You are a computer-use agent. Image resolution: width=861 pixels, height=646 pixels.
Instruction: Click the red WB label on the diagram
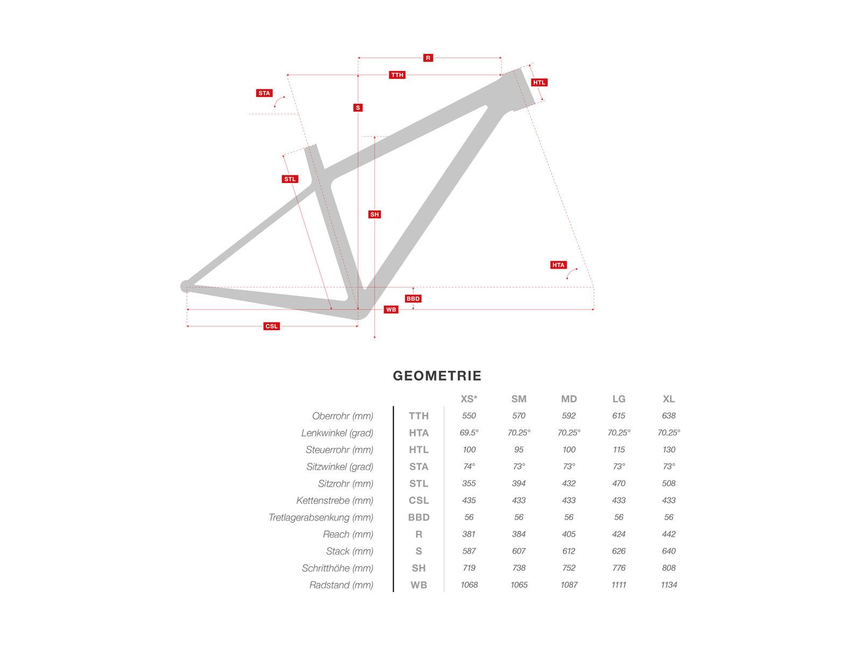coord(391,310)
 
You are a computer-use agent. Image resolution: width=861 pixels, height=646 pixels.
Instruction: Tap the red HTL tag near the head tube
coord(539,82)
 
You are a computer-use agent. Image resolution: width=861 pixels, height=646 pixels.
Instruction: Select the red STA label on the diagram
coord(264,93)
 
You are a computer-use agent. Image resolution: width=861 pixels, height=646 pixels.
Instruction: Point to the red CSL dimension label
coord(272,326)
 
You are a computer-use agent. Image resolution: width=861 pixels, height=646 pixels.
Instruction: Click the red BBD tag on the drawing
coord(413,299)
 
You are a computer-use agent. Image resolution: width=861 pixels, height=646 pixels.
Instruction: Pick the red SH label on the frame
coord(375,214)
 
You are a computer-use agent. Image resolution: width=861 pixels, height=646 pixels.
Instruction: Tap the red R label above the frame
coord(428,58)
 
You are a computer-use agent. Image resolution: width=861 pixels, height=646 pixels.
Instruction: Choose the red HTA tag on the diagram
coord(559,265)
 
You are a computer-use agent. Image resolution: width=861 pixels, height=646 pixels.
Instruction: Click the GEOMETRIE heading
coord(437,376)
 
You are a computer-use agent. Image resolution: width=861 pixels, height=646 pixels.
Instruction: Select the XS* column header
coord(469,399)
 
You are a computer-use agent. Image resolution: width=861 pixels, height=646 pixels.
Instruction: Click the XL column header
coord(668,399)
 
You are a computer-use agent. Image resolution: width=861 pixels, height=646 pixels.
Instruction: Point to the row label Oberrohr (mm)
coord(343,416)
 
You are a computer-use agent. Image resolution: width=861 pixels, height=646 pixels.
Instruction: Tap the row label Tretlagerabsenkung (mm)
coord(321,518)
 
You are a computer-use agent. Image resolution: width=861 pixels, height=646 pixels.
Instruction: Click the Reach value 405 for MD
coord(569,534)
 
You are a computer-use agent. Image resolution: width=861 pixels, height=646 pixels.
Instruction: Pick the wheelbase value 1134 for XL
coord(668,585)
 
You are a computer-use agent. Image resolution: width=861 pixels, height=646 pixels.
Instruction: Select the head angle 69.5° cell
coord(469,433)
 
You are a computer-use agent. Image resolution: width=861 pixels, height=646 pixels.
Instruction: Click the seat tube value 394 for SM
coord(519,483)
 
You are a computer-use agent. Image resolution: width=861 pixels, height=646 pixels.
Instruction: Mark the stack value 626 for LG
coord(619,551)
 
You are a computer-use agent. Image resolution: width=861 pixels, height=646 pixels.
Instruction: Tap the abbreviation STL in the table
coord(419,484)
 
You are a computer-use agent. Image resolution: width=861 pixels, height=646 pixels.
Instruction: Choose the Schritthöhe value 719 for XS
coord(469,568)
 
